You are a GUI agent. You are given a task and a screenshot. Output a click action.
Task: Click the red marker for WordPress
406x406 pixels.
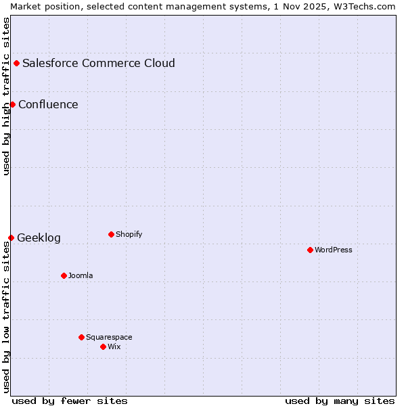pyautogui.click(x=310, y=250)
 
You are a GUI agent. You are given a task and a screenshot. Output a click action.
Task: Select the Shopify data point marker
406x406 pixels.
pyautogui.click(x=111, y=234)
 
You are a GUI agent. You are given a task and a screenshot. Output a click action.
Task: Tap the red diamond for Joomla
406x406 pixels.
pyautogui.click(x=64, y=275)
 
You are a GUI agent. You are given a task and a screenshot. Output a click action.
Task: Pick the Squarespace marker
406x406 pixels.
pyautogui.click(x=81, y=337)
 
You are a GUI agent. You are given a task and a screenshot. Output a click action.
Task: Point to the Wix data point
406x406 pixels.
pyautogui.click(x=103, y=346)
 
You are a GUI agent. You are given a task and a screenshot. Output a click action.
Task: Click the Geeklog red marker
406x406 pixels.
pyautogui.click(x=11, y=238)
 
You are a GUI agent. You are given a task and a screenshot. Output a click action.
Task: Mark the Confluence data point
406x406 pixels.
pyautogui.click(x=12, y=104)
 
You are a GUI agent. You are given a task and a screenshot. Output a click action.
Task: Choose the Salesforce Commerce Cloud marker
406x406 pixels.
pyautogui.click(x=16, y=63)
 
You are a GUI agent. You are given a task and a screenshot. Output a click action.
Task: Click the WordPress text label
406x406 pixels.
pyautogui.click(x=334, y=250)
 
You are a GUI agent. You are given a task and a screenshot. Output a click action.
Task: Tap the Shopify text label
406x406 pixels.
pyautogui.click(x=129, y=234)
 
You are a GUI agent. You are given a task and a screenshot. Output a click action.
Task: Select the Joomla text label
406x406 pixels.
pyautogui.click(x=81, y=275)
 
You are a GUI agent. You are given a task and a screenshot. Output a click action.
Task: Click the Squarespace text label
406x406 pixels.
pyautogui.click(x=109, y=337)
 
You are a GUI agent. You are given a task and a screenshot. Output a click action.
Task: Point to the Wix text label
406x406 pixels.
pyautogui.click(x=114, y=346)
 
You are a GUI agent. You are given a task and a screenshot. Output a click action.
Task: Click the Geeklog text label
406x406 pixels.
pyautogui.click(x=39, y=238)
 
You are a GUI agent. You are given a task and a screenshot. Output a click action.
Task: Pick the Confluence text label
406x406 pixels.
pyautogui.click(x=48, y=104)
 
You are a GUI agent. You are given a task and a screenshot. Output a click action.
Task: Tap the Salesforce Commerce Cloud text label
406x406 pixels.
pyautogui.click(x=99, y=63)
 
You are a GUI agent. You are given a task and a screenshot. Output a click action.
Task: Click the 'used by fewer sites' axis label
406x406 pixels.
pyautogui.click(x=70, y=401)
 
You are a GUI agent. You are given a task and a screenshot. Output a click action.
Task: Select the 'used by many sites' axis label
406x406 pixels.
pyautogui.click(x=340, y=401)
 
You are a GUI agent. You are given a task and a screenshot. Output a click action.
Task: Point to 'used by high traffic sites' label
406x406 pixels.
pyautogui.click(x=6, y=96)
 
